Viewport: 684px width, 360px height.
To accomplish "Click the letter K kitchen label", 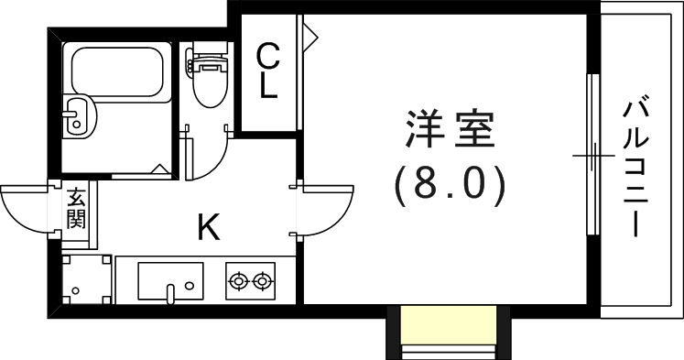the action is [209, 226].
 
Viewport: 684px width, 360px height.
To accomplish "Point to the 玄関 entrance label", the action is [75, 209].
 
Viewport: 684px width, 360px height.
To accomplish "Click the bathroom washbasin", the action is [79, 116].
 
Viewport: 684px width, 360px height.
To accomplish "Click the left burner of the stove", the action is [240, 280].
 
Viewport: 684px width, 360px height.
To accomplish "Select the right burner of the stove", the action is [264, 280].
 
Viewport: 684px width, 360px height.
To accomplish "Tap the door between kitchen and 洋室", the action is [325, 211].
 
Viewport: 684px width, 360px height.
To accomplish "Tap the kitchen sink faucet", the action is [171, 292].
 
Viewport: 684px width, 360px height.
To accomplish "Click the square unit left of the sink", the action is [88, 280].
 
